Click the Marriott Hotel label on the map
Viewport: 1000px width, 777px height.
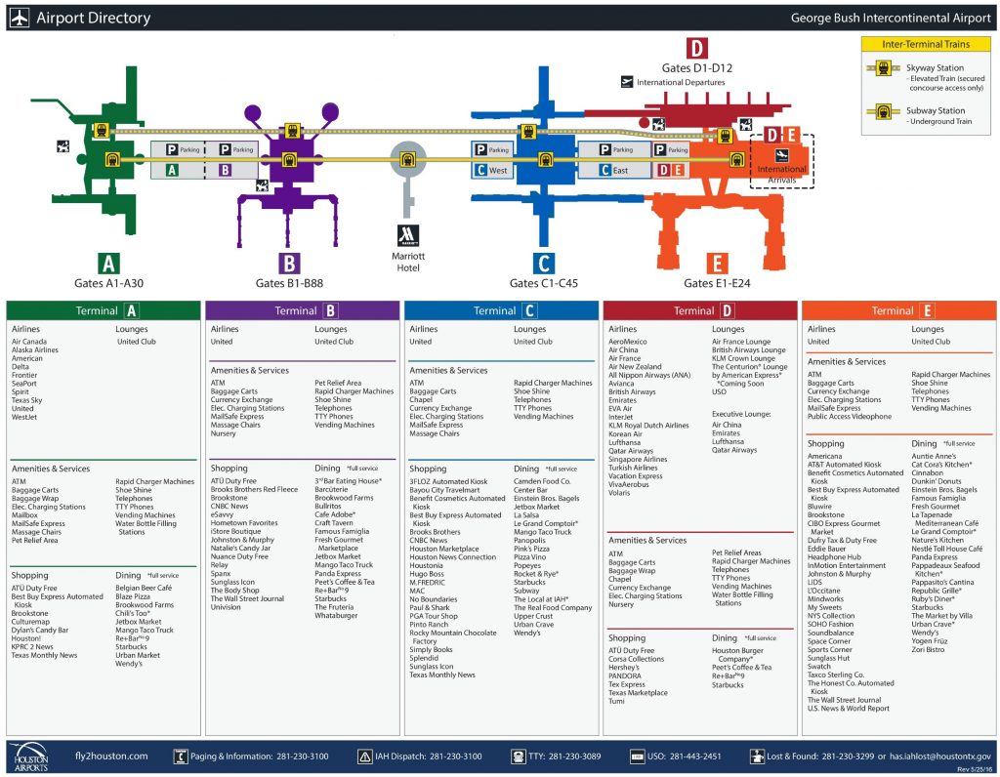(x=407, y=262)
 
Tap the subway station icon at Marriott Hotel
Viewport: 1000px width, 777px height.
(x=407, y=160)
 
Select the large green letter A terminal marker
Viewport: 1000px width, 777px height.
(x=109, y=263)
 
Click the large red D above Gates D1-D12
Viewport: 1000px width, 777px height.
(x=696, y=49)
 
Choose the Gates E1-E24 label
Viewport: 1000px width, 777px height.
(x=717, y=283)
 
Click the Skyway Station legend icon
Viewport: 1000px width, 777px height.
(x=883, y=68)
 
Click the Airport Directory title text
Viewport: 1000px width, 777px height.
(x=93, y=18)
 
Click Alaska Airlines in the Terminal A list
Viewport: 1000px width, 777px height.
(x=40, y=350)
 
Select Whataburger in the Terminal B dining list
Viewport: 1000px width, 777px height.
(x=337, y=617)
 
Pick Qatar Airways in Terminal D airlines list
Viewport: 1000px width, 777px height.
(x=631, y=451)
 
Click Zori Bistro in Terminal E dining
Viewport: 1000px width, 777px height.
(x=929, y=649)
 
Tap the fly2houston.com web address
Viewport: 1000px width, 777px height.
(x=111, y=756)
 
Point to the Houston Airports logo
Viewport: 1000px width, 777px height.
(x=34, y=756)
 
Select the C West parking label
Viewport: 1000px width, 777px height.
(x=495, y=171)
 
